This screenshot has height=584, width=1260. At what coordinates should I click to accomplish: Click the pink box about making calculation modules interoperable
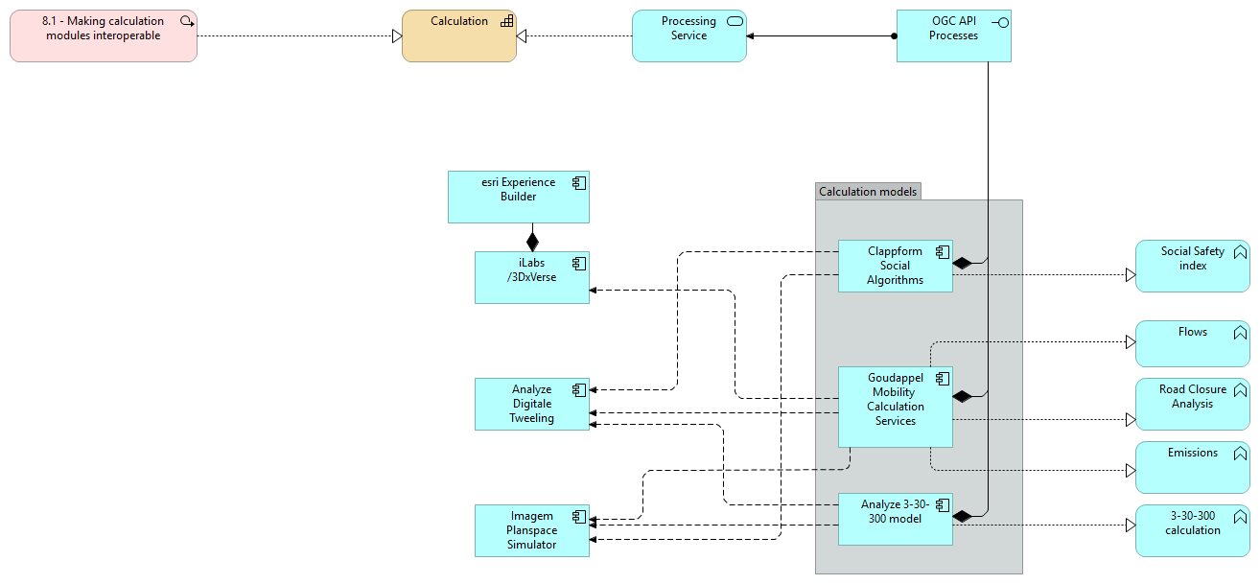tap(104, 35)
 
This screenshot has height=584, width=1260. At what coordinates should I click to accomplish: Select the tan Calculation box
tap(458, 35)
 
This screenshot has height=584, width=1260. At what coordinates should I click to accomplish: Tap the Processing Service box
tap(688, 35)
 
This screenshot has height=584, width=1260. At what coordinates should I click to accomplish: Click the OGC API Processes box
tap(953, 35)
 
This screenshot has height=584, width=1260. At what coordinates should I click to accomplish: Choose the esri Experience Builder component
tap(518, 197)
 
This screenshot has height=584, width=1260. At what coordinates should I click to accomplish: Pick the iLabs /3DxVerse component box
tap(531, 277)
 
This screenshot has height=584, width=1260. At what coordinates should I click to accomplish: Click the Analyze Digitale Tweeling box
tap(531, 404)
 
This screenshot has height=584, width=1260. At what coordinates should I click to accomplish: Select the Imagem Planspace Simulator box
tap(531, 530)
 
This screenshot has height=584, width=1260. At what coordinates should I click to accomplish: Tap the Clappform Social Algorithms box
tap(895, 266)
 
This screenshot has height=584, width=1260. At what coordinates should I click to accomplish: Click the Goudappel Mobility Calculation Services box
tap(895, 406)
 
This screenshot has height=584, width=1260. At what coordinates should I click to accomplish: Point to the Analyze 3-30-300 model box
tap(895, 519)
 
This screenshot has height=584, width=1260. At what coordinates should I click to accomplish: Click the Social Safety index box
tap(1192, 266)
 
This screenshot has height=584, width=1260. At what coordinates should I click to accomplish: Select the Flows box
tap(1192, 343)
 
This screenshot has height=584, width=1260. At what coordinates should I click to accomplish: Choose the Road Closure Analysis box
tap(1192, 403)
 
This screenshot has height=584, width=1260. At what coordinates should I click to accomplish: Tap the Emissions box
tap(1192, 466)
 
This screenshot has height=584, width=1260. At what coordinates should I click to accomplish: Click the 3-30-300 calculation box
tap(1192, 530)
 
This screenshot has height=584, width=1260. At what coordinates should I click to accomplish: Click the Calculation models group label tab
tap(868, 191)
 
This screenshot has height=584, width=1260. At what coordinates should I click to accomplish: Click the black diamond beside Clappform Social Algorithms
tap(962, 262)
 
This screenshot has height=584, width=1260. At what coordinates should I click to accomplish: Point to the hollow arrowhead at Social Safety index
tap(1130, 275)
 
